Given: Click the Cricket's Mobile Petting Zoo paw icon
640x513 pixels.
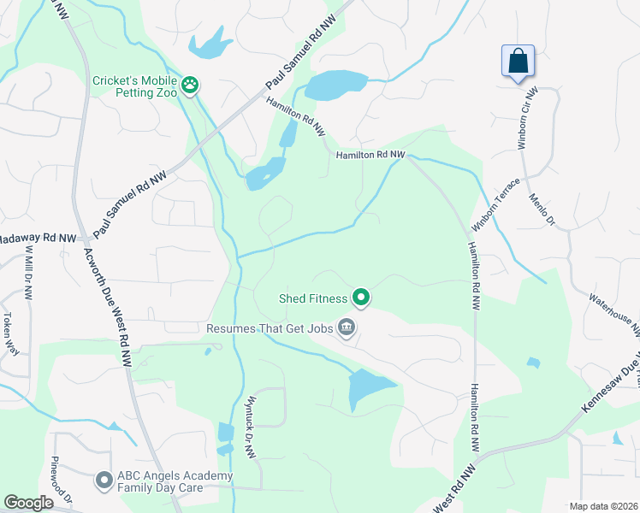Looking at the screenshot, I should click(x=189, y=86).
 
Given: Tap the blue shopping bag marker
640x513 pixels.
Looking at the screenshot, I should click(x=518, y=62).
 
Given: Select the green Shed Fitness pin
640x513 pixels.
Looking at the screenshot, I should click(x=361, y=298).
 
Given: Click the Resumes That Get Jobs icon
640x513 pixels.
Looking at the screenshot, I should click(x=347, y=327).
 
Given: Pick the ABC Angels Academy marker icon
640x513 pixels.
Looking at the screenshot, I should click(x=104, y=481).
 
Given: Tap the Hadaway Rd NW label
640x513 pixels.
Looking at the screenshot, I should click(x=39, y=239).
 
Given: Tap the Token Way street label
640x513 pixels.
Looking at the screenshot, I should click(x=9, y=327).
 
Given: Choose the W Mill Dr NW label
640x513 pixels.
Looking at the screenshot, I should click(x=29, y=272).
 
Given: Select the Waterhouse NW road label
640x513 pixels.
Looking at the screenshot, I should click(x=614, y=313).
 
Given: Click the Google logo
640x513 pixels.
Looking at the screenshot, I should click(x=29, y=503).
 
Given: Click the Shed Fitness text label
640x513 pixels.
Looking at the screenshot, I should click(x=313, y=298).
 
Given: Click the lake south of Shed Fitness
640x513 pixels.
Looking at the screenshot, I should click(x=367, y=389).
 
